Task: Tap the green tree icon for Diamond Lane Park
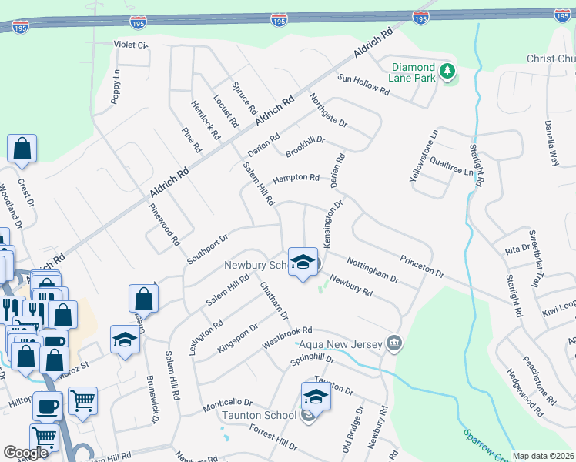pos(447,73)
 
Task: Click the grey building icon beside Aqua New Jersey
pos(394,342)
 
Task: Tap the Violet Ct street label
pos(130,45)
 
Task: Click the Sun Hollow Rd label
pos(364,84)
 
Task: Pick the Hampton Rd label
pos(296,178)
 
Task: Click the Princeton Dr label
pos(421,266)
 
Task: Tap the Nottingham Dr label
pos(372,269)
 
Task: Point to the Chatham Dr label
pos(273,301)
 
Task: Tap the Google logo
pos(25,453)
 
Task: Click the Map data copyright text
pos(543,456)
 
